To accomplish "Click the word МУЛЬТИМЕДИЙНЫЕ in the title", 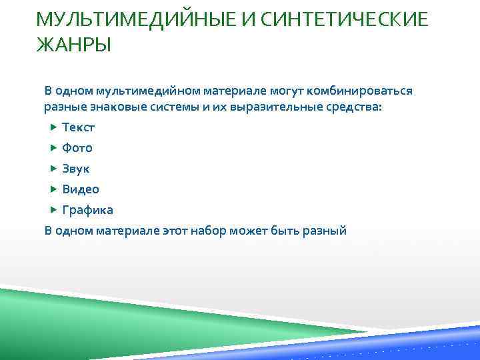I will (127, 21).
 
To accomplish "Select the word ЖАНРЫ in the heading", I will (74, 46).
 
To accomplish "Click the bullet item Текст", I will (79, 127).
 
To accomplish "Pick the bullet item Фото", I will (77, 147).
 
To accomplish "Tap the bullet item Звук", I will (76, 169).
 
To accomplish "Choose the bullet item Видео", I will (81, 189).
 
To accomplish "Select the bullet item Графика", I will (87, 210).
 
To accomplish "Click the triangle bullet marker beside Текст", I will (54, 127).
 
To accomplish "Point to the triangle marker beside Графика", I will (54, 210).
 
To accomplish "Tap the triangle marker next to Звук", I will (54, 169).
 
